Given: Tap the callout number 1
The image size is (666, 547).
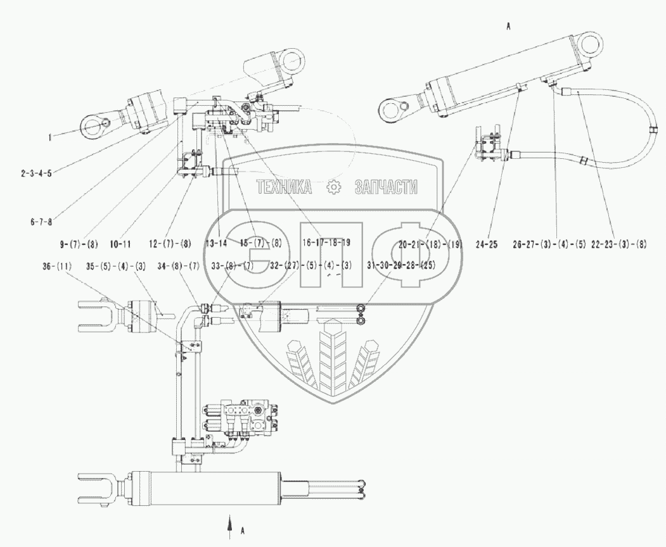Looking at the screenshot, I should pos(49,135).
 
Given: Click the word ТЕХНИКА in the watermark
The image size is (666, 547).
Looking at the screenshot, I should pos(283,187).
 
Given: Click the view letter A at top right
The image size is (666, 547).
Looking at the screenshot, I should pos(508,27).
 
